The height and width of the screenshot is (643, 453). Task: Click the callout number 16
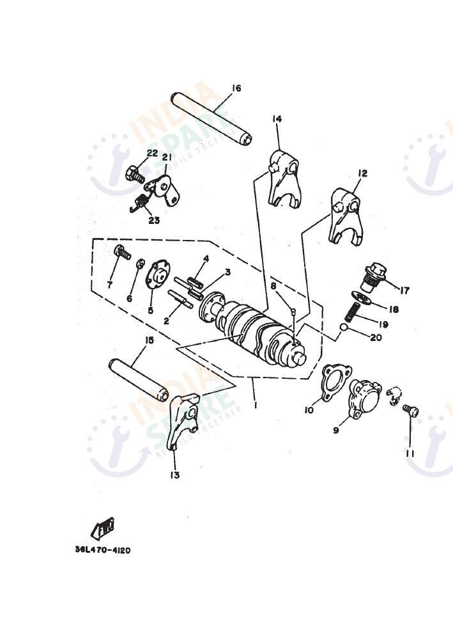click(x=236, y=88)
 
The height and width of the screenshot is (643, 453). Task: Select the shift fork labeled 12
click(x=346, y=214)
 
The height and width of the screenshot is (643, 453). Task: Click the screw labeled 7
click(x=121, y=253)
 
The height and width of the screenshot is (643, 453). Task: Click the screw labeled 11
click(x=411, y=411)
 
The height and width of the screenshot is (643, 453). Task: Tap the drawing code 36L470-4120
click(x=102, y=550)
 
